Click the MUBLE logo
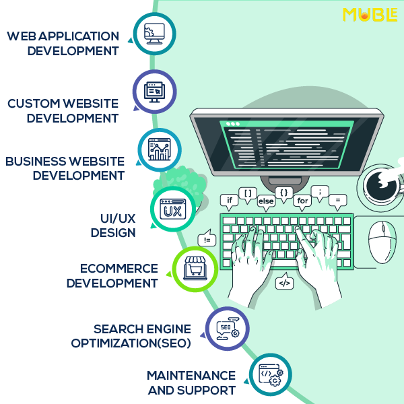[x=370, y=14]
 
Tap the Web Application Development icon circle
[x=154, y=33]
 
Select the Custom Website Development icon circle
[x=154, y=91]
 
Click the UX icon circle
[x=172, y=209]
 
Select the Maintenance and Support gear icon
[x=271, y=374]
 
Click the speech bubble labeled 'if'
[x=229, y=200]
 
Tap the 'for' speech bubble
[x=302, y=201]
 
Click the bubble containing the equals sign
[x=337, y=200]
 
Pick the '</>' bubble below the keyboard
[x=285, y=283]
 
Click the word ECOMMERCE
[x=119, y=269]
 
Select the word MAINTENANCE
[x=191, y=376]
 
